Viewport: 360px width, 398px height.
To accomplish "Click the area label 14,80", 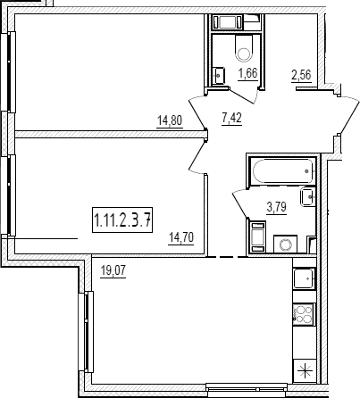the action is coord(170,121).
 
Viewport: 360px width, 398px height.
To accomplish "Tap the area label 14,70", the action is coord(181,238).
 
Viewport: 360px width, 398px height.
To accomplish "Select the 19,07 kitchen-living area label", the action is coord(113,271).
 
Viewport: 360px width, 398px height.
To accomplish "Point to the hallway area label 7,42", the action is coord(231,119).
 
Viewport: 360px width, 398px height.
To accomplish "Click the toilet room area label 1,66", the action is coord(247,73).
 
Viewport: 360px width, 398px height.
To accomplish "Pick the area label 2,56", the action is coord(301,75).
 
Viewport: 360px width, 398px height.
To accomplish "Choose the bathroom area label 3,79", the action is coord(277,207).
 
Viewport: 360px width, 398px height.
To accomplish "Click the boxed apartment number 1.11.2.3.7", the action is coord(122,220).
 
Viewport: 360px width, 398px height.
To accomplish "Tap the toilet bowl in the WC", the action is coord(244,48).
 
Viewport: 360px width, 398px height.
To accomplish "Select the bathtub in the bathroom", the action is coord(283,171).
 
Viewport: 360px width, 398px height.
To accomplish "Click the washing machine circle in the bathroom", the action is coord(285,245).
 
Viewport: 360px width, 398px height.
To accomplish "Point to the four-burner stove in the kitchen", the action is coord(303,314).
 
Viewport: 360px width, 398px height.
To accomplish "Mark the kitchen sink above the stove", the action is coord(304,278).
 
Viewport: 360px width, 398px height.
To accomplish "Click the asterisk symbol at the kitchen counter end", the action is coord(304,371).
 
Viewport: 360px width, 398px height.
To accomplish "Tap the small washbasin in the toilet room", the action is coord(218,76).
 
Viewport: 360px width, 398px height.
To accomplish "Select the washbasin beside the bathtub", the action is coord(307,197).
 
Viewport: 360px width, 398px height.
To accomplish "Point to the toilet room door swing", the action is coord(244,95).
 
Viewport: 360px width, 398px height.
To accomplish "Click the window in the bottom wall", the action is coord(247,388).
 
